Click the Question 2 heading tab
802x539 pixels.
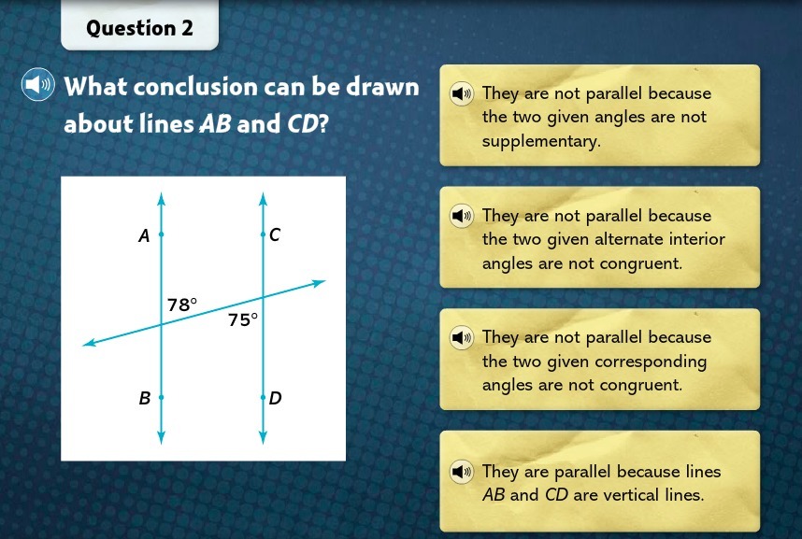pyautogui.click(x=139, y=25)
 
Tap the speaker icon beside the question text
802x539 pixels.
pyautogui.click(x=37, y=84)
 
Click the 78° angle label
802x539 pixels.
pyautogui.click(x=182, y=305)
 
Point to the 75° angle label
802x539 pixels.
pyautogui.click(x=243, y=320)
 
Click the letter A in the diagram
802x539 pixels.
pyautogui.click(x=144, y=235)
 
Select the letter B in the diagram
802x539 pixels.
pyautogui.click(x=145, y=398)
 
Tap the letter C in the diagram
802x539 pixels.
pyautogui.click(x=275, y=234)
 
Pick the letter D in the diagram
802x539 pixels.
pyautogui.click(x=275, y=398)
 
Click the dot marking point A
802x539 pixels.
pyautogui.click(x=161, y=234)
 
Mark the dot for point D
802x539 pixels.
pyautogui.click(x=263, y=397)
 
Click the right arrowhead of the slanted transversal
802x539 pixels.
pyautogui.click(x=319, y=282)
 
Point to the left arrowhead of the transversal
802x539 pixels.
pyautogui.click(x=89, y=343)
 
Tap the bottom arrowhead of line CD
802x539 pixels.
pyautogui.click(x=263, y=438)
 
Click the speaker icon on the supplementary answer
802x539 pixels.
pyautogui.click(x=462, y=93)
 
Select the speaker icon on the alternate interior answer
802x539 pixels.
pyautogui.click(x=462, y=216)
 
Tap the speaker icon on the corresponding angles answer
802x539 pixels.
pyautogui.click(x=462, y=337)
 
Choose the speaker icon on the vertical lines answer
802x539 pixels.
pyautogui.click(x=462, y=471)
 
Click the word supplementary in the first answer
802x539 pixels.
pyautogui.click(x=541, y=142)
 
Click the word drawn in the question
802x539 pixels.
pyautogui.click(x=382, y=87)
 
